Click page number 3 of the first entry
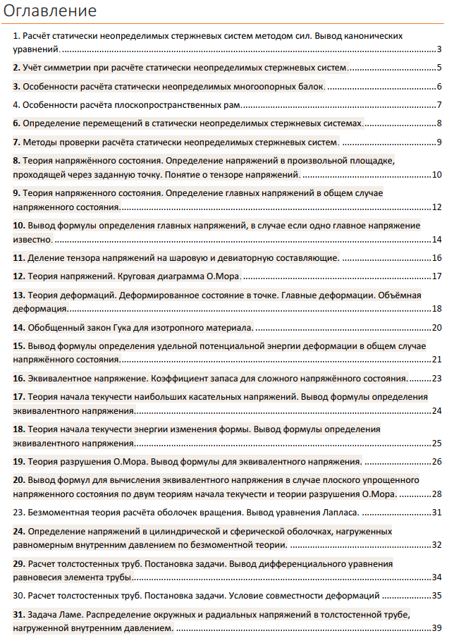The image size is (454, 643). click(438, 49)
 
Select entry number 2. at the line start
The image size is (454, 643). click(17, 68)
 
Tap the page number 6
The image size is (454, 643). click(438, 87)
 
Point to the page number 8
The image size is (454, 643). click(438, 124)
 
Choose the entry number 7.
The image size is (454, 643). click(17, 142)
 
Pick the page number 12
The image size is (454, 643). click(436, 207)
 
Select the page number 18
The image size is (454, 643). click(436, 308)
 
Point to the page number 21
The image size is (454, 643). click(436, 360)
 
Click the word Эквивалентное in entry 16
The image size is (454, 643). click(59, 379)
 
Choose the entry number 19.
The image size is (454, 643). click(19, 462)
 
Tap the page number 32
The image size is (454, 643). click(436, 544)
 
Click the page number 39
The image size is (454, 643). click(436, 628)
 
